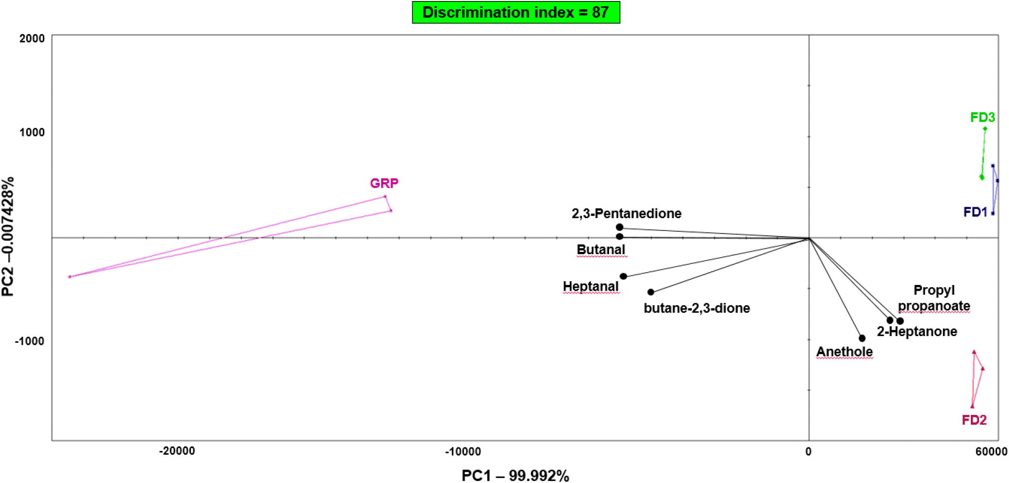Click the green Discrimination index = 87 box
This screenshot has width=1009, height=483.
(x=516, y=12)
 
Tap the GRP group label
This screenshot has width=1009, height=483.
(x=384, y=183)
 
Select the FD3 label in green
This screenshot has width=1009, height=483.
(x=982, y=118)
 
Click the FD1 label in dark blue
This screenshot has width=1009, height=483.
(x=975, y=212)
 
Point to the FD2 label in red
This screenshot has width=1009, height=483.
(x=974, y=420)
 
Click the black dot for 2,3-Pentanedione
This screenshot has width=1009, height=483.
(x=620, y=227)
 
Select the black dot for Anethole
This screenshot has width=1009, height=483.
(x=862, y=338)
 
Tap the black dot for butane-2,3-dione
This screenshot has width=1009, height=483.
(x=651, y=292)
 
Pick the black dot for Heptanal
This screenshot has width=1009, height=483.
(x=624, y=276)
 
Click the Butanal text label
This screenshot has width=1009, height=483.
(x=601, y=249)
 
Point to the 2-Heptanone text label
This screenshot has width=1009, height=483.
(x=917, y=331)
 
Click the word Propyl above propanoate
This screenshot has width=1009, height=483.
(x=934, y=290)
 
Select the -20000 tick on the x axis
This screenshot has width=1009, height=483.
(x=177, y=451)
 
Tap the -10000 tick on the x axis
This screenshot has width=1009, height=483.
(x=463, y=452)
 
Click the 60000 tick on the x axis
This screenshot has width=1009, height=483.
(x=991, y=452)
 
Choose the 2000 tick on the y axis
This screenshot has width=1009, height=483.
(x=32, y=39)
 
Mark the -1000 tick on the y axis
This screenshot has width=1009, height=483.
(x=29, y=341)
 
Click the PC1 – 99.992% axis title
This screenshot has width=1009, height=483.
(x=515, y=475)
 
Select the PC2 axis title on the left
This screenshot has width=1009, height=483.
(x=8, y=237)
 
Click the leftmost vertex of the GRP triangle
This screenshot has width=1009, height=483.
(x=70, y=277)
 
